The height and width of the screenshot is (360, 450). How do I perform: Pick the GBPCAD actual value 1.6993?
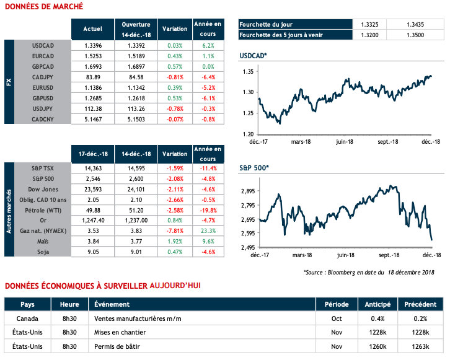92,66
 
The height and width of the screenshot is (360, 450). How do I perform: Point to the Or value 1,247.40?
92,219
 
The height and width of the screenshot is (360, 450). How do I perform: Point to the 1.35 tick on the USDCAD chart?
248,72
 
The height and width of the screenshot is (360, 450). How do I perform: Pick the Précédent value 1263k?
418,346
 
